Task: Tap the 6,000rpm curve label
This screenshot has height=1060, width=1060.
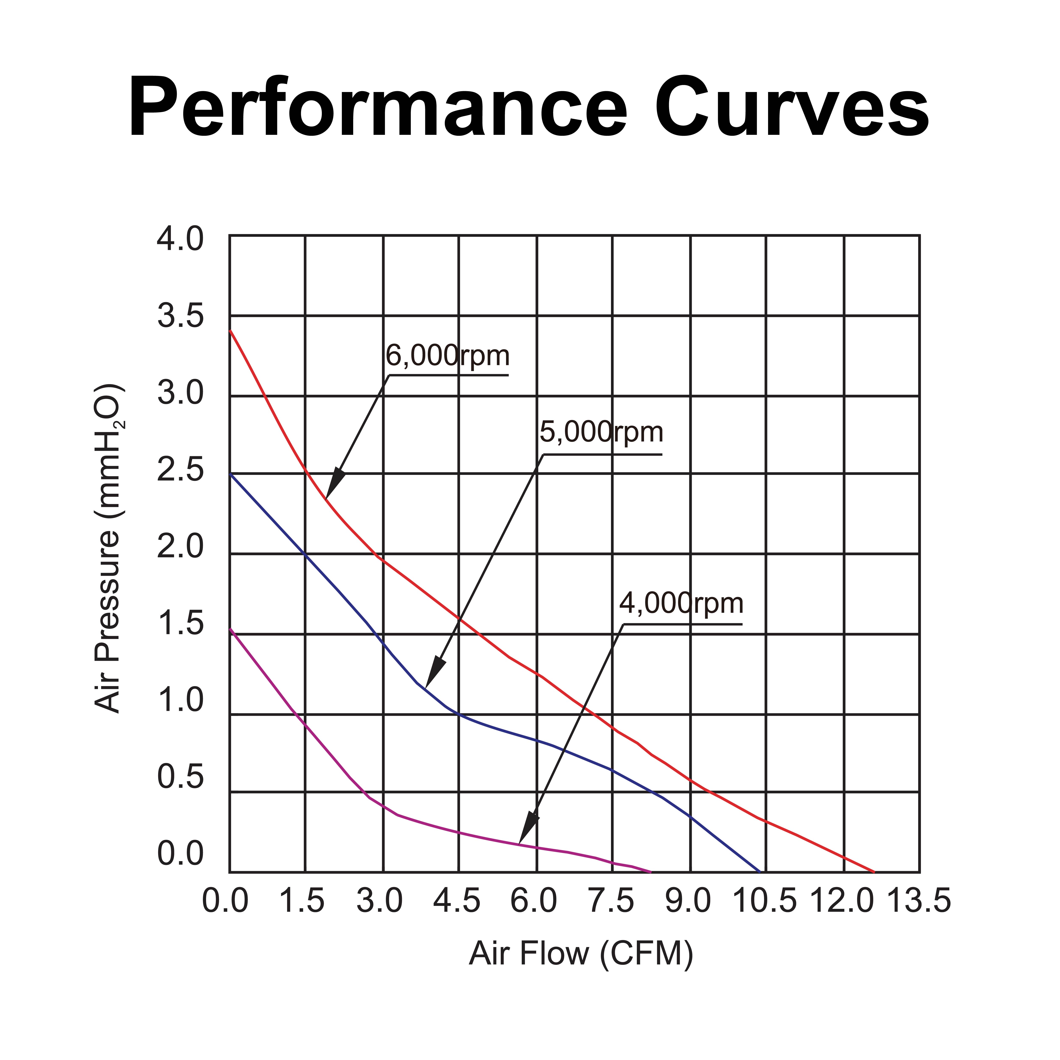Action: [447, 356]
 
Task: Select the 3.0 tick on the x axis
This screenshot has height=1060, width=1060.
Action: [380, 901]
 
